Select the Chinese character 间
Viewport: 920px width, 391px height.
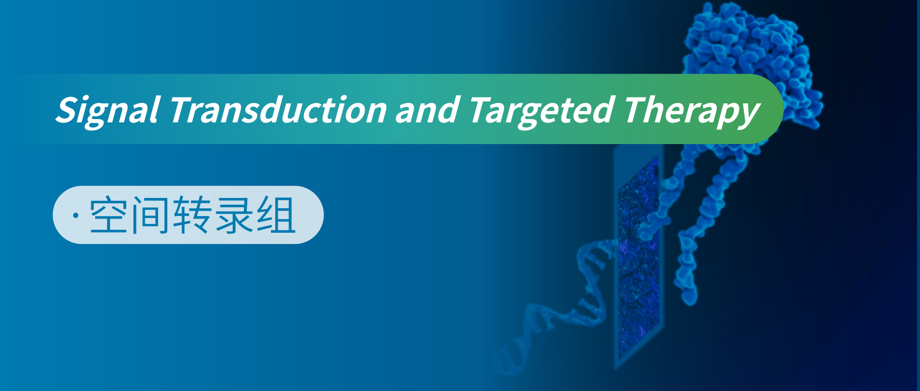(x=151, y=215)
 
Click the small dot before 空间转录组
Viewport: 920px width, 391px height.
(x=76, y=216)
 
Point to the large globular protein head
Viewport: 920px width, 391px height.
(x=753, y=64)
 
